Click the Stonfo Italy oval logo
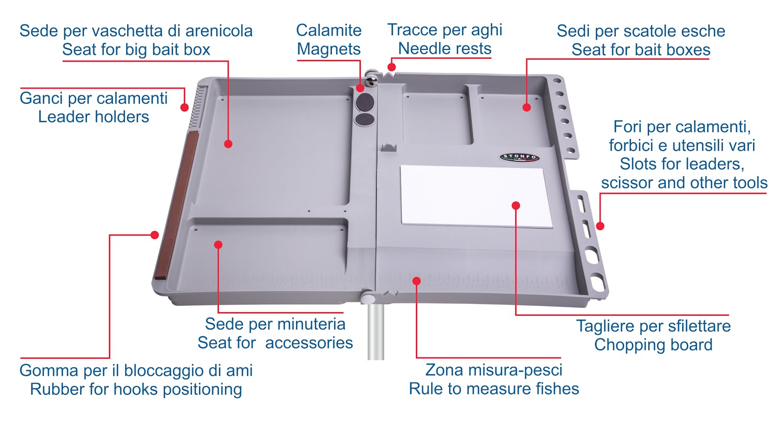(519, 158)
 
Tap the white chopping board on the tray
(476, 196)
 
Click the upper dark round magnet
(365, 102)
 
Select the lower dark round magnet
(365, 119)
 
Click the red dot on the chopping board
(516, 206)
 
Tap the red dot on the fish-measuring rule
(416, 281)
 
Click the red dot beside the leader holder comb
(184, 107)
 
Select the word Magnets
(328, 49)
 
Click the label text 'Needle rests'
(445, 48)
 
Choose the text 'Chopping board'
(653, 345)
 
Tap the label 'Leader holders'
(93, 117)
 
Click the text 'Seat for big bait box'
(136, 49)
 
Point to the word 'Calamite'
(328, 30)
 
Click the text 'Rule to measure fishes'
(494, 389)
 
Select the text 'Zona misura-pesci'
(494, 370)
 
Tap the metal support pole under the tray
(376, 331)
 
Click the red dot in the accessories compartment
(218, 245)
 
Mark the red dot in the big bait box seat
(228, 144)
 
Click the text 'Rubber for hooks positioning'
(136, 389)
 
